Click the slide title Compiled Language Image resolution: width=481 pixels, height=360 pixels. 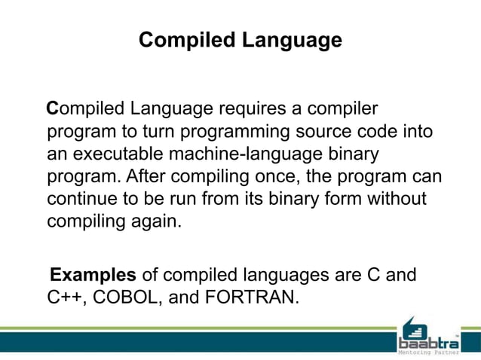(240, 40)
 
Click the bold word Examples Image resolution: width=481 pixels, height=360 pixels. (93, 273)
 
